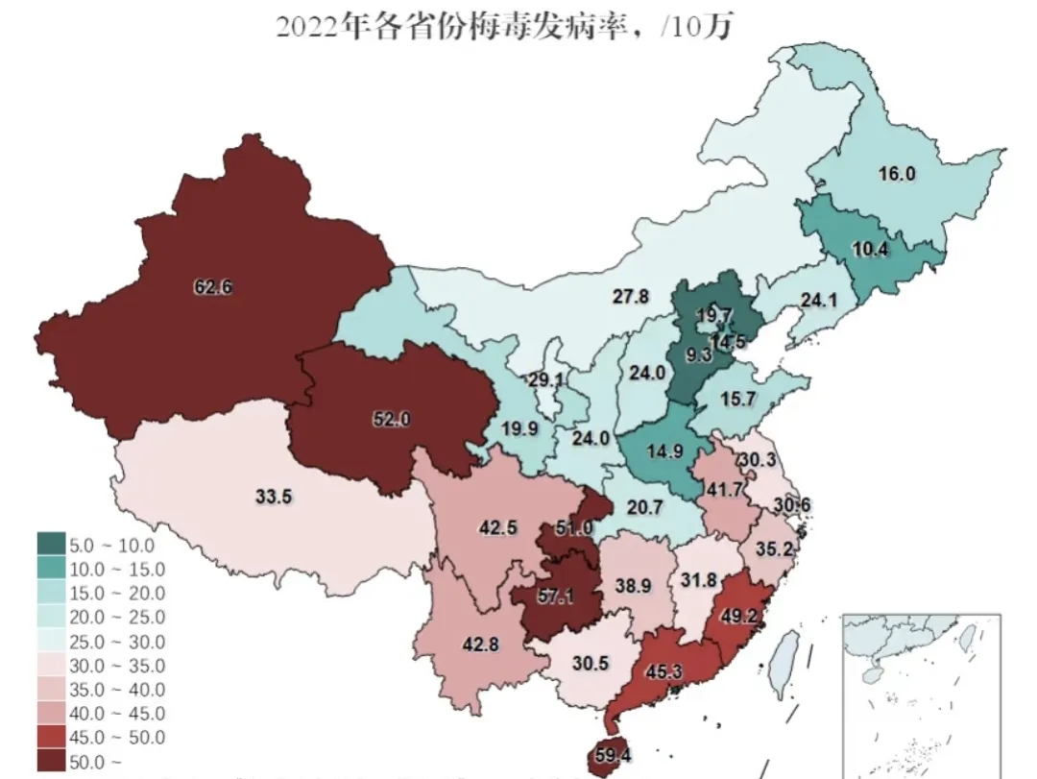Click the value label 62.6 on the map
pos(212,285)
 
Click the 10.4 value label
pos(870,249)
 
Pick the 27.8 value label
pos(633,298)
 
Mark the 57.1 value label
pos(555,596)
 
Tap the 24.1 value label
pos(820,301)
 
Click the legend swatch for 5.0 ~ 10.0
pos(52,545)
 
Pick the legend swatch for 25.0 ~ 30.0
pos(52,641)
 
